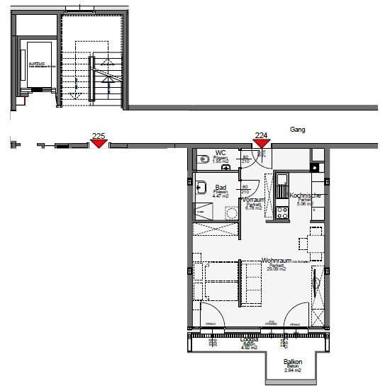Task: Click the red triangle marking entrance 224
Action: [x=261, y=144]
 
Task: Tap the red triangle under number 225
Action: [x=99, y=144]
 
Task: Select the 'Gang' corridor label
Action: [x=297, y=130]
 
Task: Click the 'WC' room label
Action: [x=221, y=152]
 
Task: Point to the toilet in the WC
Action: [x=204, y=160]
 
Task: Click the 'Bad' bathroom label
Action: [x=221, y=188]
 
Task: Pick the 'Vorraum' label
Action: [x=253, y=200]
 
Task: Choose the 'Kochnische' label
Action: [x=306, y=195]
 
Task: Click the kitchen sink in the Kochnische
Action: [x=282, y=181]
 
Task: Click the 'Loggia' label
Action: [x=249, y=340]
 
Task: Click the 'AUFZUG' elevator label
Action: [x=36, y=63]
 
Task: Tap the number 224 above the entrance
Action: [x=261, y=135]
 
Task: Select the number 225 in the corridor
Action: [x=99, y=135]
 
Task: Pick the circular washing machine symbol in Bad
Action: [x=230, y=212]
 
